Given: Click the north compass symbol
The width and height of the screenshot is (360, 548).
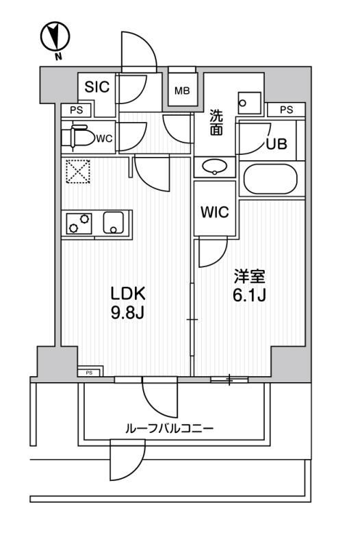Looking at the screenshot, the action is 55,37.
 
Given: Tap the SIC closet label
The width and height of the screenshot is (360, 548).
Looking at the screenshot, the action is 97,87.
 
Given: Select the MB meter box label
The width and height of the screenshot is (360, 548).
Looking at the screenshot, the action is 182,91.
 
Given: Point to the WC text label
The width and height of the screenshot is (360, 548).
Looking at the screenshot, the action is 105,139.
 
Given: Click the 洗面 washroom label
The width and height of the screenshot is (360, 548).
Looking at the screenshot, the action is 216,123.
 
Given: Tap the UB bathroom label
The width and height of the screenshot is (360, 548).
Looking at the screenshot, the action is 277,144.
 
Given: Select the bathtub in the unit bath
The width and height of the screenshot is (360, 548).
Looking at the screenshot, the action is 270,179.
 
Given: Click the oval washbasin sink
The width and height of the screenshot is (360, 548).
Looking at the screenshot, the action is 214,166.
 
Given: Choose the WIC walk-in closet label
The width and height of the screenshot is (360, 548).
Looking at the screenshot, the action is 215,212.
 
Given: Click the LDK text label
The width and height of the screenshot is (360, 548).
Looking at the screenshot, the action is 128,294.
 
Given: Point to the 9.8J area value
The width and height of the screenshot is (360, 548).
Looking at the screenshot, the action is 127,314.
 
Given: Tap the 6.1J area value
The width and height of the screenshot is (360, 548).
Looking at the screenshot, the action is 249,296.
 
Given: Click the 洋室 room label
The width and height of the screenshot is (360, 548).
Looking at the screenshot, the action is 249,277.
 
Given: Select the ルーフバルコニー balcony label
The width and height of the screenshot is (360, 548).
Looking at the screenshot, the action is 169,429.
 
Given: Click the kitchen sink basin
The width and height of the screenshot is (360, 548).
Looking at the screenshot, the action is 114,223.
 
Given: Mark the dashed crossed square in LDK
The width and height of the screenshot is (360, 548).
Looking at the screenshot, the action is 78,171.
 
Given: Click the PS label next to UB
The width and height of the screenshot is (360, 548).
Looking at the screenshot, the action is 286,110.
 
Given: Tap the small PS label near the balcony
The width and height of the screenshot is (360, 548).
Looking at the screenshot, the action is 89,373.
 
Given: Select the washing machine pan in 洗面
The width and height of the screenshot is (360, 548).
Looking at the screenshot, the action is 249,103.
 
